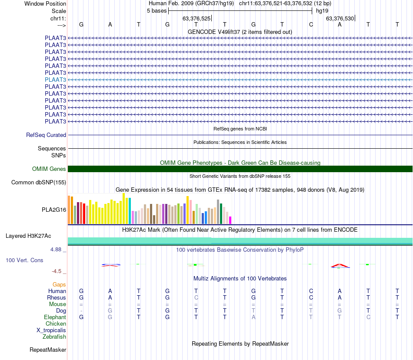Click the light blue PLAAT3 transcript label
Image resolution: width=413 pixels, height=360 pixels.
[55, 80]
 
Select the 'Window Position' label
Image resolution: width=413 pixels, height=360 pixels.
[45, 3]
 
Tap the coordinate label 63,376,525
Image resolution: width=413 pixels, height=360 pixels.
[197, 18]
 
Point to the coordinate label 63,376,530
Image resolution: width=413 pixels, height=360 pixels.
[340, 18]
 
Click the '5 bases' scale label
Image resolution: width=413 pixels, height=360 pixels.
[157, 10]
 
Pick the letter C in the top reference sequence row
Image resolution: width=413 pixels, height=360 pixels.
[311, 24]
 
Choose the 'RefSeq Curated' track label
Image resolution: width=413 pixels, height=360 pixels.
[46, 135]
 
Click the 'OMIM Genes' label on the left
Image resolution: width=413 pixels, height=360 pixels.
[49, 169]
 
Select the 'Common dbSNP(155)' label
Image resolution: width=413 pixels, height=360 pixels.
[38, 183]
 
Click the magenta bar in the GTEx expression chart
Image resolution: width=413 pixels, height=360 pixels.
[230, 220]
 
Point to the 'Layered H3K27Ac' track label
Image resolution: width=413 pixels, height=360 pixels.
[28, 236]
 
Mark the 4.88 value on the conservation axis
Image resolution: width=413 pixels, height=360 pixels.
[56, 250]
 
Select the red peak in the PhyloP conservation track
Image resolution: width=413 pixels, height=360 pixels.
[340, 265]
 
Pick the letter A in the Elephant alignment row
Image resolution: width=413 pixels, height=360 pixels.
[253, 317]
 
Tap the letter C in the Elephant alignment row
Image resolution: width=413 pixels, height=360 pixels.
[368, 317]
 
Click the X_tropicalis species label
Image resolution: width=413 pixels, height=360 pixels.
[51, 330]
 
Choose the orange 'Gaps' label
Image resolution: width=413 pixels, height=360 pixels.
[59, 285]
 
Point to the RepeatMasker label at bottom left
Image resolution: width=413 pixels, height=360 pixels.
[48, 350]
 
